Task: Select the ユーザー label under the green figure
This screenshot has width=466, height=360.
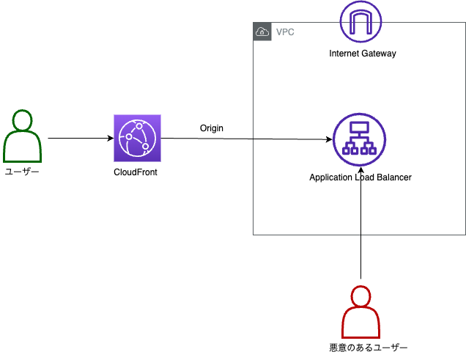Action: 22,171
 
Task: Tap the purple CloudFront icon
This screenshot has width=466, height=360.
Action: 136,138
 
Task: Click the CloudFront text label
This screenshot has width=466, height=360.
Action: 136,172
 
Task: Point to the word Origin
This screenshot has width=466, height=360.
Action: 212,128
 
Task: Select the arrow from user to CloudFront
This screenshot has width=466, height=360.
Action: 81,138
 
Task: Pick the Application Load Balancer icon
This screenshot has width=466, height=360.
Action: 359,139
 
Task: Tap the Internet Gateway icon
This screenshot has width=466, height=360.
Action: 360,22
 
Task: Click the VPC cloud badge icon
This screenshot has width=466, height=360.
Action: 262,32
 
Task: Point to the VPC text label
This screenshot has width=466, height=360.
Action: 286,32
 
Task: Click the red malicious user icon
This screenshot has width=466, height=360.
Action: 360,313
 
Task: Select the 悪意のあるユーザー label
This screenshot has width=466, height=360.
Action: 368,347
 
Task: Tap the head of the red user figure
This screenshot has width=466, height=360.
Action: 360,296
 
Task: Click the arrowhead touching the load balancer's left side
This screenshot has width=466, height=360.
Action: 328,139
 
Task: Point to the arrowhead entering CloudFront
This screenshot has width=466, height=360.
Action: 110,138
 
